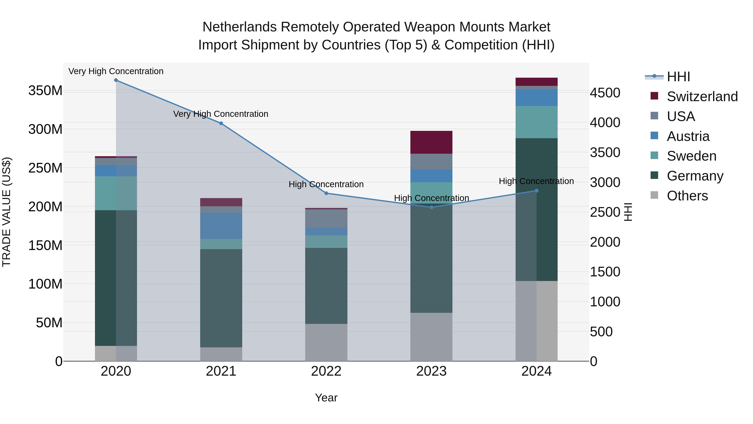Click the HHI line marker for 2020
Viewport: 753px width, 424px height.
pyautogui.click(x=116, y=80)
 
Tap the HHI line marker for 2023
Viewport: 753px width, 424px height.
pyautogui.click(x=432, y=207)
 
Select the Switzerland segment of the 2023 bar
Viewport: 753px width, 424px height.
pyautogui.click(x=432, y=142)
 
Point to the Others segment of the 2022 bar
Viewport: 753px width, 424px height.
pyautogui.click(x=326, y=342)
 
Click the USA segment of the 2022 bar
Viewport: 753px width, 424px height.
pyautogui.click(x=326, y=218)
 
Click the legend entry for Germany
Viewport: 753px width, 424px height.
pyautogui.click(x=695, y=176)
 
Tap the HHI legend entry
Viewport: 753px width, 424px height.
pyautogui.click(x=678, y=77)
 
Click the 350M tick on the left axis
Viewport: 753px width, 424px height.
pyautogui.click(x=45, y=91)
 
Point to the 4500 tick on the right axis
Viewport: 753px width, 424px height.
pyautogui.click(x=605, y=93)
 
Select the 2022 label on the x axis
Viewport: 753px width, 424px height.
pyautogui.click(x=326, y=371)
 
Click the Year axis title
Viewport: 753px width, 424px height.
pyautogui.click(x=326, y=398)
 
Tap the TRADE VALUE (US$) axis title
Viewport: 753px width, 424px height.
pyautogui.click(x=6, y=212)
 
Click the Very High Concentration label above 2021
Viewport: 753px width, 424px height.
pyautogui.click(x=221, y=114)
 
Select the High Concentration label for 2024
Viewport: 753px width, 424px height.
pyautogui.click(x=536, y=181)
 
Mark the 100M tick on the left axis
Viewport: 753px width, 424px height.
pyautogui.click(x=45, y=284)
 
